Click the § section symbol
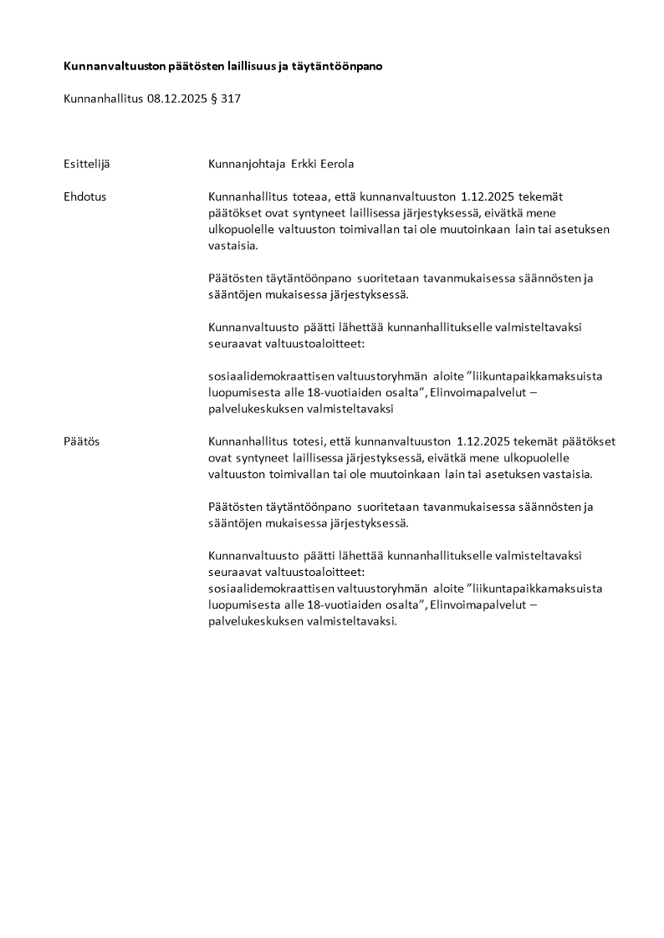click(x=213, y=99)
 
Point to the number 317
click(x=231, y=99)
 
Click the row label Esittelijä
click(x=86, y=164)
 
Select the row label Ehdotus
click(x=84, y=196)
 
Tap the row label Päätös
click(x=81, y=441)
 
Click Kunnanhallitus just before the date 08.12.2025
click(x=103, y=99)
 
